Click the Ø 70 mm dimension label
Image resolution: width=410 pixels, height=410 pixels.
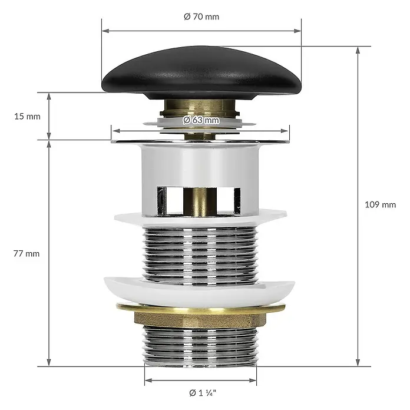(x=201, y=16)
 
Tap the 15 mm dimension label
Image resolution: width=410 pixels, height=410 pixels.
(x=28, y=117)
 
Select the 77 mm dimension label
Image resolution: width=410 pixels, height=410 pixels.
(x=27, y=254)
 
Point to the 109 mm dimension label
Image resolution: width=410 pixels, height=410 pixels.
(x=381, y=204)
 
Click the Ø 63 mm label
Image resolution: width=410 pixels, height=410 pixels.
(x=201, y=120)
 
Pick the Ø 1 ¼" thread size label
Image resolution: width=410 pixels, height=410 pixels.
(x=203, y=393)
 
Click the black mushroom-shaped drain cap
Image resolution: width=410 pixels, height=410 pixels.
(x=201, y=72)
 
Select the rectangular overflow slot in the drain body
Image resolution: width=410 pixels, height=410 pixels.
(x=199, y=201)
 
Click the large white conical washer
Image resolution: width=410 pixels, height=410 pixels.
(x=199, y=291)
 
